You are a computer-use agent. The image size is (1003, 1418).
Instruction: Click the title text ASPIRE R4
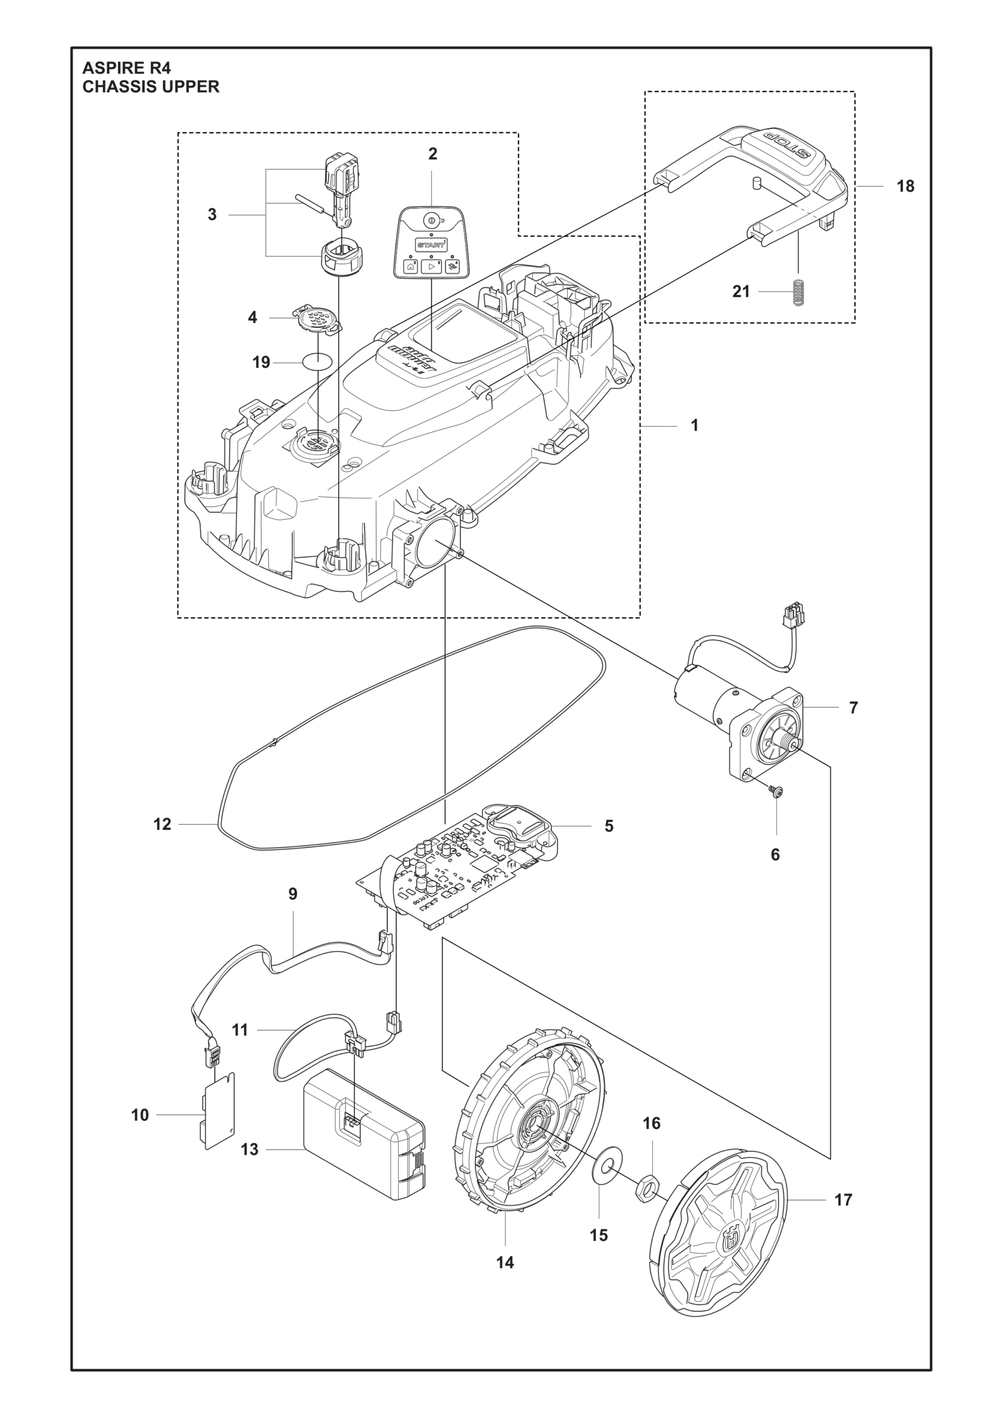point(127,68)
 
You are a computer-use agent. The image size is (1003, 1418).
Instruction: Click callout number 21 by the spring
point(740,291)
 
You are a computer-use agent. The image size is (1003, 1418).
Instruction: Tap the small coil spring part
point(799,291)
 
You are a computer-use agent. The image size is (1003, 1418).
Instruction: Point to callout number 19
point(261,362)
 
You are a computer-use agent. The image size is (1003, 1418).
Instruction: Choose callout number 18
point(906,186)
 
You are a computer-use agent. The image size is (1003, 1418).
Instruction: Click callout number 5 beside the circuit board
point(609,826)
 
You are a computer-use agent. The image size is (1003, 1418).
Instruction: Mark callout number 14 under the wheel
point(505,1262)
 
